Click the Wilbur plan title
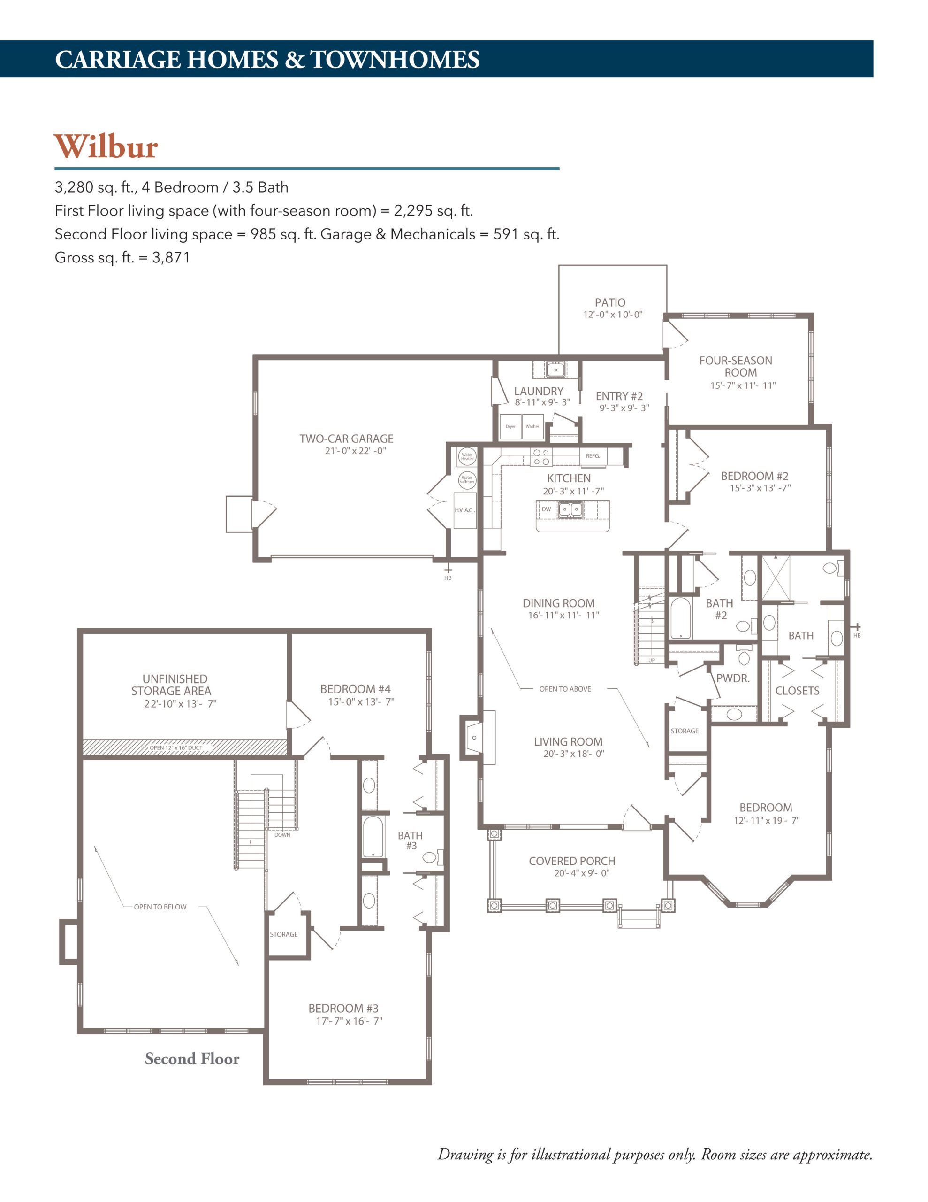(106, 146)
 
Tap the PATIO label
(610, 302)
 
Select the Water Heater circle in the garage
(467, 456)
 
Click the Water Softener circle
(467, 479)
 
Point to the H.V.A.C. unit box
(465, 510)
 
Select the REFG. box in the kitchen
(593, 456)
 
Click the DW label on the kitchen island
(546, 509)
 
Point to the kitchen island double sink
(570, 509)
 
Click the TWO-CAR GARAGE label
(347, 439)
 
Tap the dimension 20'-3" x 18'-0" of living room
(574, 754)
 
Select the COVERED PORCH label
(572, 861)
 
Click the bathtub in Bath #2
(681, 617)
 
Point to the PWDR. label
(733, 678)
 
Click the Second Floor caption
(192, 1058)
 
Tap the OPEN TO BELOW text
(160, 907)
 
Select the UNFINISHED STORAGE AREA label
(171, 685)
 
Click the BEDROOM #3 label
(343, 1008)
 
